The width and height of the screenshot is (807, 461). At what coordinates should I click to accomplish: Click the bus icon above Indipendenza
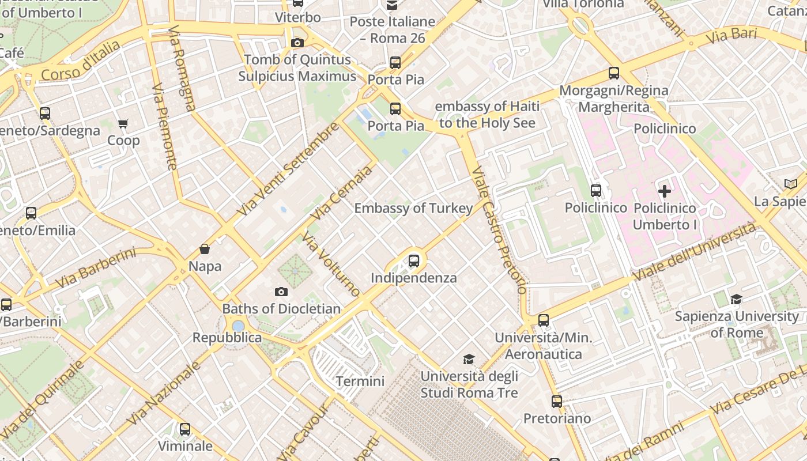pyautogui.click(x=414, y=260)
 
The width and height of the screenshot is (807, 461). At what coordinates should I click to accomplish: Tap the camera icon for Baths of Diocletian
pyautogui.click(x=281, y=292)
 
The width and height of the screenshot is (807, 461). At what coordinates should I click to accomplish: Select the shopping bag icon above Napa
pyautogui.click(x=204, y=249)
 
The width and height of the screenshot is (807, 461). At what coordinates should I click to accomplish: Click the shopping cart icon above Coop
pyautogui.click(x=123, y=123)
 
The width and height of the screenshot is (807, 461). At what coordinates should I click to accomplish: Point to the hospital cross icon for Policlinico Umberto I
pyautogui.click(x=665, y=191)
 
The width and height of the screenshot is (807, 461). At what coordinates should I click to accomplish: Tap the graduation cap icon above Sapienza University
pyautogui.click(x=736, y=299)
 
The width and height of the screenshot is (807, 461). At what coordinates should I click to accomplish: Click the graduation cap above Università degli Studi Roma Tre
pyautogui.click(x=469, y=360)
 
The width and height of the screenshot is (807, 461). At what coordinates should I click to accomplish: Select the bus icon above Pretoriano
pyautogui.click(x=556, y=401)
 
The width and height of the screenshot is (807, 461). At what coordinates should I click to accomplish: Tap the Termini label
pyautogui.click(x=360, y=381)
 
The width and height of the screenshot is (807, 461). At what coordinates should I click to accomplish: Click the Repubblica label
pyautogui.click(x=227, y=338)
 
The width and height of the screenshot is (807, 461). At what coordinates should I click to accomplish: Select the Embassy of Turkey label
pyautogui.click(x=413, y=208)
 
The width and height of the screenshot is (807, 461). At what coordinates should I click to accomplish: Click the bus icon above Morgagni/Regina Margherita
pyautogui.click(x=614, y=73)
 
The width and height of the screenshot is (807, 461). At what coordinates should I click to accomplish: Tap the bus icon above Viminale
pyautogui.click(x=184, y=429)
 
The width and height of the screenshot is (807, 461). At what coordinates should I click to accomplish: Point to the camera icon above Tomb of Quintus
pyautogui.click(x=297, y=43)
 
